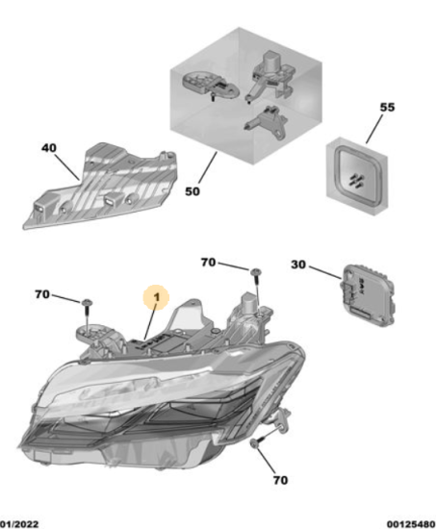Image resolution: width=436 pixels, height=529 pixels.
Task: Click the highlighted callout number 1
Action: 156,297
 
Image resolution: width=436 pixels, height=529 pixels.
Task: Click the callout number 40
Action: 49,148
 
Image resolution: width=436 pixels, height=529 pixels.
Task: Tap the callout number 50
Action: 192,191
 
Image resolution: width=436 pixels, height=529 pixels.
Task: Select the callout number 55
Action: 387,108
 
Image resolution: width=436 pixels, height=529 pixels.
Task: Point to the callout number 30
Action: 298,264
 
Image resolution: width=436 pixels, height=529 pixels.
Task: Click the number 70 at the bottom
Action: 280,480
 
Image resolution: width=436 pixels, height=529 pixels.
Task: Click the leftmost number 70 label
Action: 42,294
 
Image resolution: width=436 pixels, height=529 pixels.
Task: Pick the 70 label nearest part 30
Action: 208,263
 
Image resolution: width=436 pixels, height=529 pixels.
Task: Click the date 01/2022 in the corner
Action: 19,524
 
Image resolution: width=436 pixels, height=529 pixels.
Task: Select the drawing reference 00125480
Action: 411,524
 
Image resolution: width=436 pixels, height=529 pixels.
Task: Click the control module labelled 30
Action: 368,296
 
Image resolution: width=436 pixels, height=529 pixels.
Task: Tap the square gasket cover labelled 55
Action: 357,176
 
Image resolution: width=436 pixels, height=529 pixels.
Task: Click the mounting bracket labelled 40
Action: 100,187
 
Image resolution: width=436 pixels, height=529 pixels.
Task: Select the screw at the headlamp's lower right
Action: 259,441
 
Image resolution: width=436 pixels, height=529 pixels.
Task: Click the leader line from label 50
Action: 208,167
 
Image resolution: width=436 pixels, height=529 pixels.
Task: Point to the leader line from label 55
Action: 374,129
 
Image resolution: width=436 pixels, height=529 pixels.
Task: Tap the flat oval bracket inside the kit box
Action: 211,85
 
